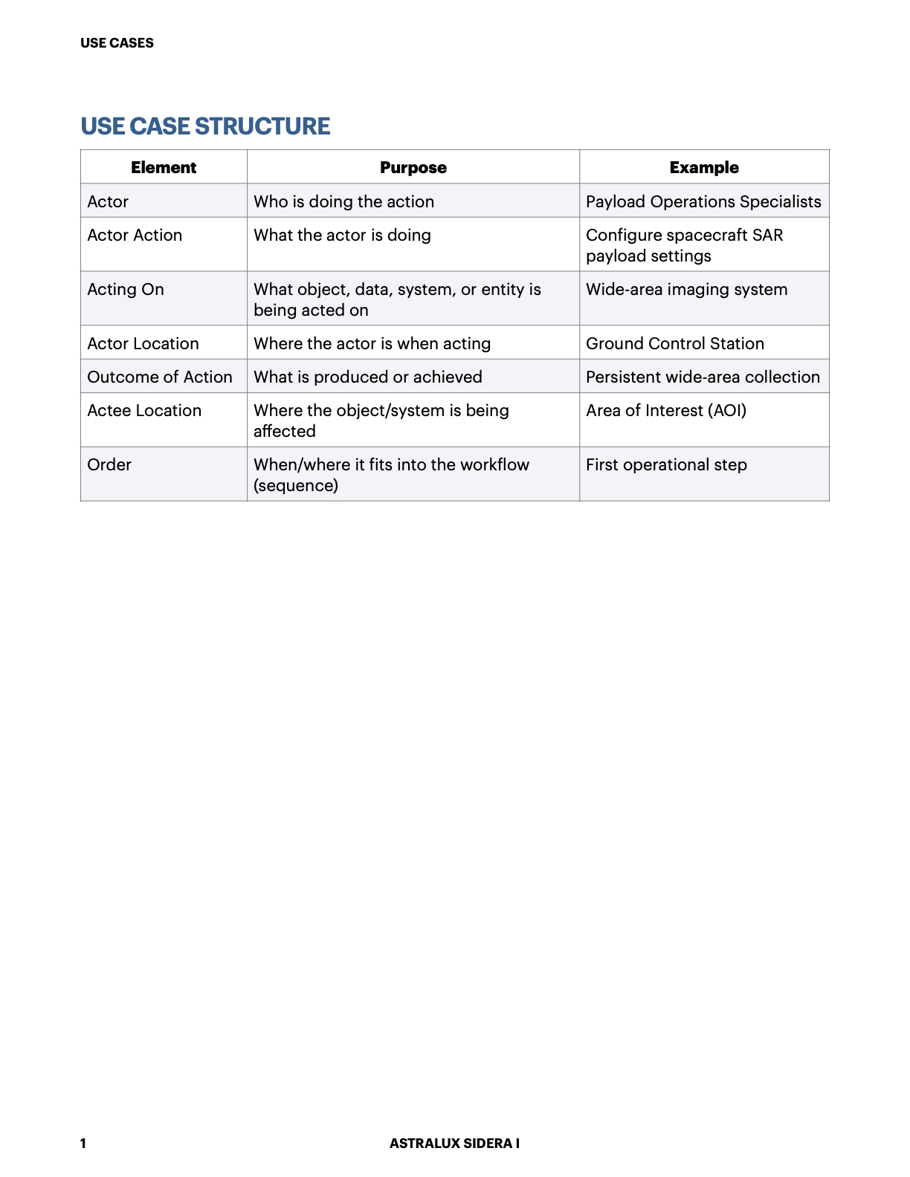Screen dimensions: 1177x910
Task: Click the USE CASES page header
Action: pos(117,43)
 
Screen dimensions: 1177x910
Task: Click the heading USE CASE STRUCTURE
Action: pos(205,126)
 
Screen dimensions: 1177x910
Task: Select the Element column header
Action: pos(164,168)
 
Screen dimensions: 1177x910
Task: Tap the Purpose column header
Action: pos(413,168)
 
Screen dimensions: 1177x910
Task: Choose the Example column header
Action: pos(704,168)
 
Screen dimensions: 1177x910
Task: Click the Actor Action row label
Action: pos(135,236)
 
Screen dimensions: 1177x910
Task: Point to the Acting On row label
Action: pos(126,290)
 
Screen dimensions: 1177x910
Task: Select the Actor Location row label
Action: pos(143,344)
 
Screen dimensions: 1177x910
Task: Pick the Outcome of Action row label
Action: pos(160,377)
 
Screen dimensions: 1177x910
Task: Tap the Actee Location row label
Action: pos(144,411)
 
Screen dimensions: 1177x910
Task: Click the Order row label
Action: pos(109,465)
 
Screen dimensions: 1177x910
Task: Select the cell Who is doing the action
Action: pos(343,202)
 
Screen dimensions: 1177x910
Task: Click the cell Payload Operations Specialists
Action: pos(703,202)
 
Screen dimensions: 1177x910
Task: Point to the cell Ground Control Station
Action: pos(675,344)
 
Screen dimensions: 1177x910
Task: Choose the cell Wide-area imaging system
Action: pos(686,290)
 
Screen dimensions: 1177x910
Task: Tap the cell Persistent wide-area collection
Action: pos(703,377)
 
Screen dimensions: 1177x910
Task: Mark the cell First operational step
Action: pos(666,465)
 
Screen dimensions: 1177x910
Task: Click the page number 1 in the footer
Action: pos(83,1144)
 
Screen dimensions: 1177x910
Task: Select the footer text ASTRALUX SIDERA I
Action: pos(454,1144)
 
